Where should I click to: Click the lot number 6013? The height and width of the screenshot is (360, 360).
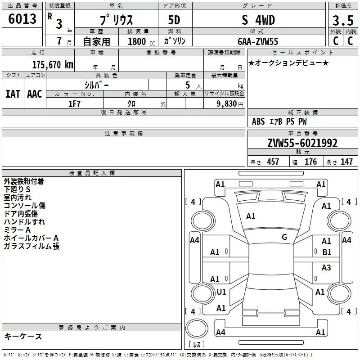click(22, 19)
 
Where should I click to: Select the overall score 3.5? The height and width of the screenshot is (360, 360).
click(343, 20)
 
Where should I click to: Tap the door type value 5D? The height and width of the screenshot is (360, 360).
click(174, 20)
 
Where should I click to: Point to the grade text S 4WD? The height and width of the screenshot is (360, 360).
click(258, 20)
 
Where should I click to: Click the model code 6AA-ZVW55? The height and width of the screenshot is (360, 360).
click(258, 41)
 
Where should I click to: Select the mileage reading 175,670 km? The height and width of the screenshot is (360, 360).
click(53, 64)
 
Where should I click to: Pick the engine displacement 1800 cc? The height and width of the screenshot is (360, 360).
click(141, 41)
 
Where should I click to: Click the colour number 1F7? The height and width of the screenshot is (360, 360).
click(74, 104)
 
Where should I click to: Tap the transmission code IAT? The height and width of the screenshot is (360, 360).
click(13, 94)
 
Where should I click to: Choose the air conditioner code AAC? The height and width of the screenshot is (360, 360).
click(35, 94)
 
